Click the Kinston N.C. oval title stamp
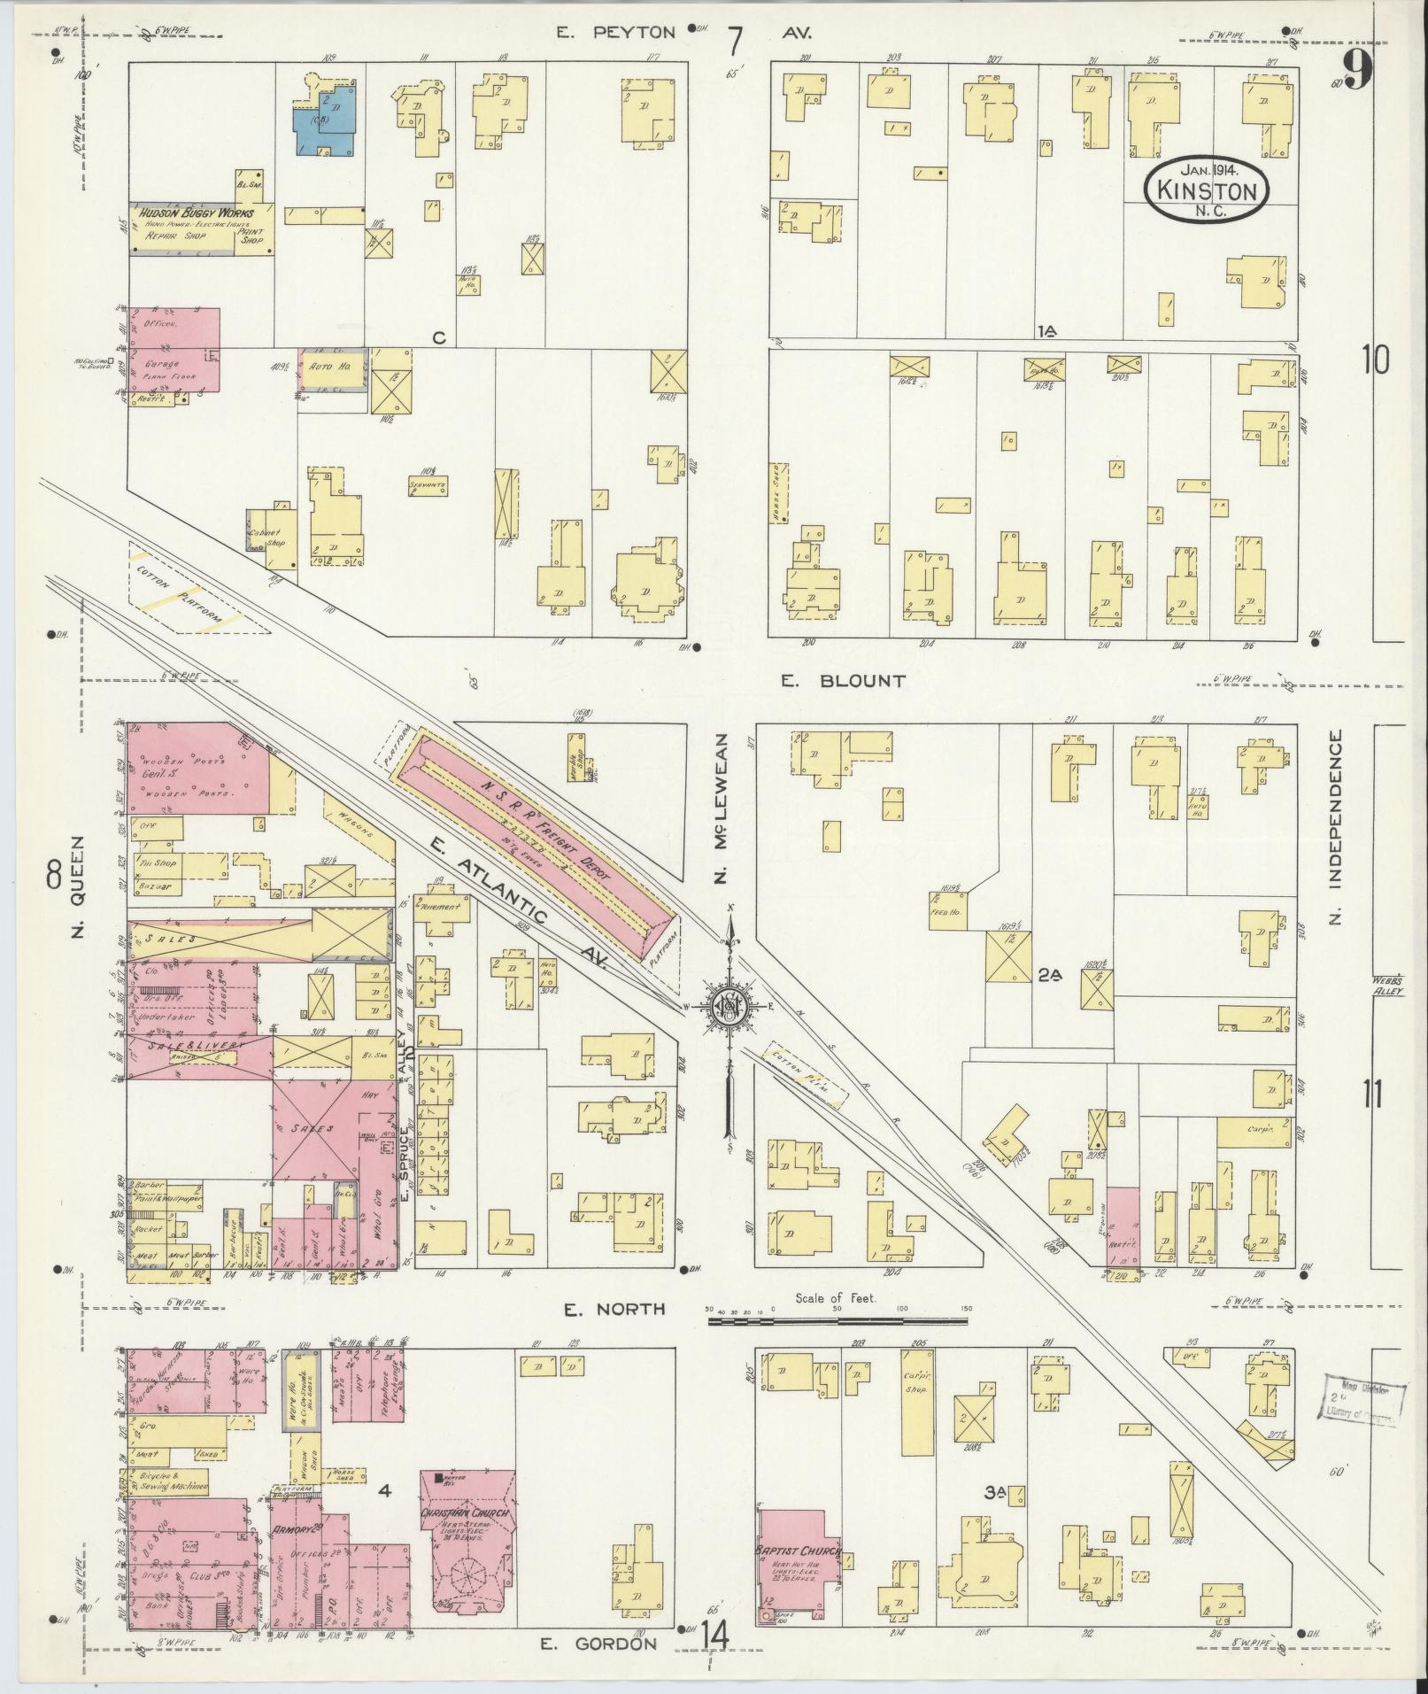(1206, 189)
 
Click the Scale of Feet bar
(837, 1321)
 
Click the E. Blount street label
(844, 680)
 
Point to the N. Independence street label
(1335, 827)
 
